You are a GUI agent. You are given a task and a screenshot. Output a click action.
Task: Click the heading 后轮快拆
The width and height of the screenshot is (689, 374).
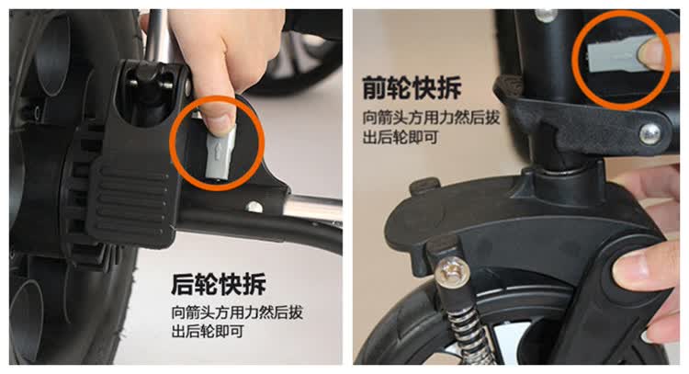[219, 285]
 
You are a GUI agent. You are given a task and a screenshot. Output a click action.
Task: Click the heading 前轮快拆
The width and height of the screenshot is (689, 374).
[412, 88]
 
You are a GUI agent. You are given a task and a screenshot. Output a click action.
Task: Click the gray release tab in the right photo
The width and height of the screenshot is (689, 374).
[614, 57]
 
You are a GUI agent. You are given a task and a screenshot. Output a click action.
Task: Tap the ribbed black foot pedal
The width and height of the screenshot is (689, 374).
[130, 198]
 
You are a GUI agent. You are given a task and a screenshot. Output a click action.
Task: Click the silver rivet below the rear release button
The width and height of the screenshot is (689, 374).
[254, 207]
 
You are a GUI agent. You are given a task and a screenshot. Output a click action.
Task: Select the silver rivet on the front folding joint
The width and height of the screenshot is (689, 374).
[649, 133]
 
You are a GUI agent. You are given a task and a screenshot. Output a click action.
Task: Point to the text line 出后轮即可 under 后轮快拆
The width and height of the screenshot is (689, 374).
[208, 331]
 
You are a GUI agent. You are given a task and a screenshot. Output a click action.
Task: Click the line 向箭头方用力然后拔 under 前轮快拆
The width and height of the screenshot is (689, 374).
[431, 119]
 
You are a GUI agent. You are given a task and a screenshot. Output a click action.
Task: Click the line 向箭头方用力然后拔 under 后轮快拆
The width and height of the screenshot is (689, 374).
[237, 312]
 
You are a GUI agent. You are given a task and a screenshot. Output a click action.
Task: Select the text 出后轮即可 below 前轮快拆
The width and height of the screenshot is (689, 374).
[401, 137]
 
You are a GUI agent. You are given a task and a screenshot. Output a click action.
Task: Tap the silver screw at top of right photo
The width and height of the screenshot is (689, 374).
[546, 15]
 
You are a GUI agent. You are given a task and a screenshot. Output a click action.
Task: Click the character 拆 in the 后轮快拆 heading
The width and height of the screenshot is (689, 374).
[254, 285]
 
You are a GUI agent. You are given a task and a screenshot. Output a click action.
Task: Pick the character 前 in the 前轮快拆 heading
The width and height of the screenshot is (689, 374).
[375, 88]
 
